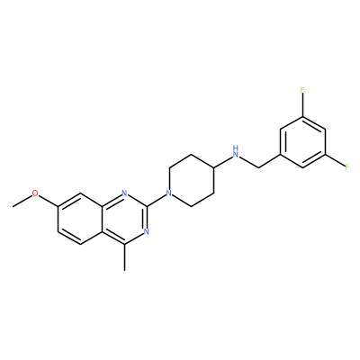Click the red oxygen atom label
point(35,193)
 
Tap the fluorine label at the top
point(302,90)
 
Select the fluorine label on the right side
point(346,166)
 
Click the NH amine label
point(237,152)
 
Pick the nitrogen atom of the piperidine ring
point(169,193)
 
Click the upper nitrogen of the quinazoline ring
point(125,193)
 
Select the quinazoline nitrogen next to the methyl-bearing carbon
point(147,231)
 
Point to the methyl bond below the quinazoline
point(125,257)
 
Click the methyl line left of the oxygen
point(22,201)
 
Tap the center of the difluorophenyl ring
point(302,142)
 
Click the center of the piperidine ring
point(192,180)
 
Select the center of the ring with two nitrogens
point(125,219)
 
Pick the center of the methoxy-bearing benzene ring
point(80,219)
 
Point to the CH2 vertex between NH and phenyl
point(258,167)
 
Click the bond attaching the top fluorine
point(302,105)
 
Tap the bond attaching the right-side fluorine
point(335,160)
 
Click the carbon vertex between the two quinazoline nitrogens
point(147,206)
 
